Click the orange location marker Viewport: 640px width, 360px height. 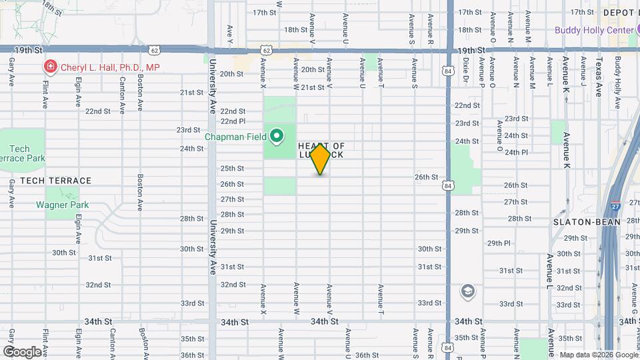point(321,158)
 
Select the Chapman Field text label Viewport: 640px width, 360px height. point(235,137)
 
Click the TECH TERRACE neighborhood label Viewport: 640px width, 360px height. point(55,181)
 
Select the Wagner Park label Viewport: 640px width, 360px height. point(62,205)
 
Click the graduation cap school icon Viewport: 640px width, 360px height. point(468,291)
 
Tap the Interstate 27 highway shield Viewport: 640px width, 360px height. point(615,207)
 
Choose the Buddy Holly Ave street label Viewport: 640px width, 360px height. point(617,83)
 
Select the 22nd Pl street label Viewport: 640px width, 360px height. point(233,121)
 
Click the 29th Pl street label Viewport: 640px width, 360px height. point(498,243)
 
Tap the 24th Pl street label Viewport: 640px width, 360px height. point(516,152)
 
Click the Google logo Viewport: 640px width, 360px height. point(21,351)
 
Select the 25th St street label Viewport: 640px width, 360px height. point(232,168)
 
